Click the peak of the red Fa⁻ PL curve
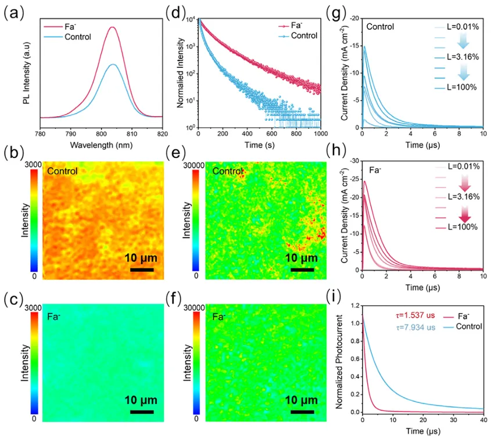[112, 27]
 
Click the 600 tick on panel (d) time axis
[278, 134]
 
